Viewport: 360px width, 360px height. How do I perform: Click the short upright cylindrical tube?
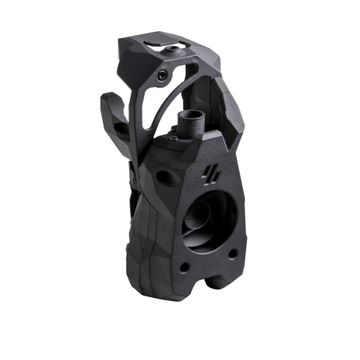[192, 121]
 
